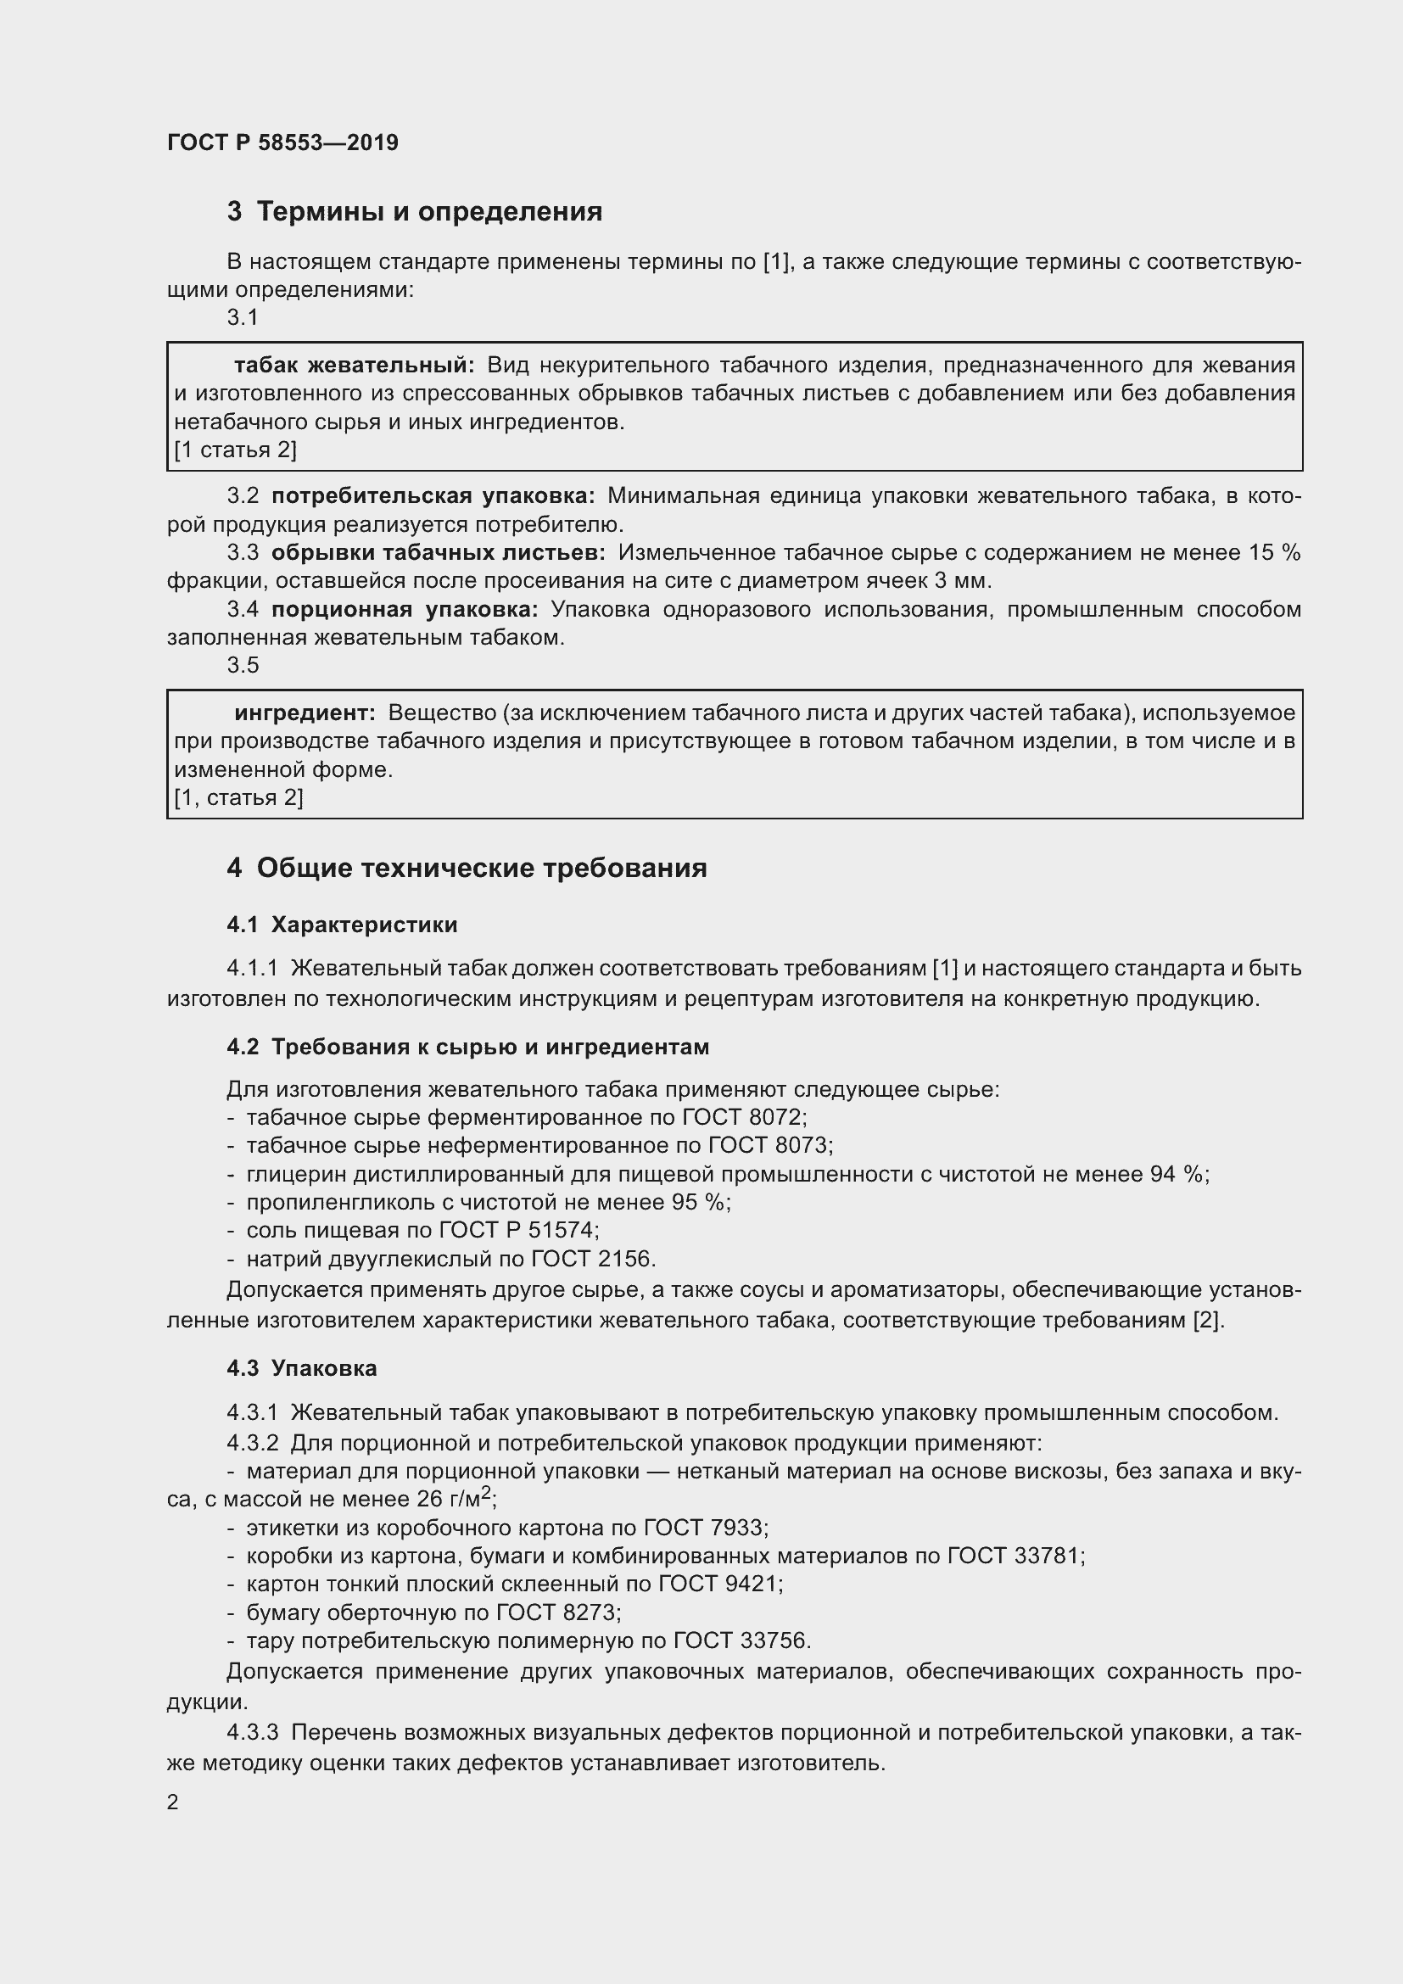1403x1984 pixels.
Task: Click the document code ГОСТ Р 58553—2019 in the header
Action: [282, 143]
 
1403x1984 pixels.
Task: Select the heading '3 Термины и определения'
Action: [415, 212]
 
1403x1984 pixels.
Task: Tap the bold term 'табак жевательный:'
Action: [355, 366]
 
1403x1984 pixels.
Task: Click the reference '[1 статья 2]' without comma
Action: [235, 450]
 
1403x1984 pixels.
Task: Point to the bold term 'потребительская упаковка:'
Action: [433, 496]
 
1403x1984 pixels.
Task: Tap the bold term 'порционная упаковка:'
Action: [405, 610]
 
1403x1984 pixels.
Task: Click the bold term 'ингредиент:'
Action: [305, 713]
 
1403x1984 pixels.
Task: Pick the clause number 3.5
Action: [243, 665]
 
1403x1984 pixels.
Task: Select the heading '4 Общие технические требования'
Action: [467, 869]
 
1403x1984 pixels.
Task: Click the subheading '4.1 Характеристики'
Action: [342, 925]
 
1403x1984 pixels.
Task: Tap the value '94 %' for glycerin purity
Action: [1177, 1174]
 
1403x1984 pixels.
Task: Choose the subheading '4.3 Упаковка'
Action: [301, 1369]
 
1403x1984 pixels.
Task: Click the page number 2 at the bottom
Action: [173, 1802]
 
